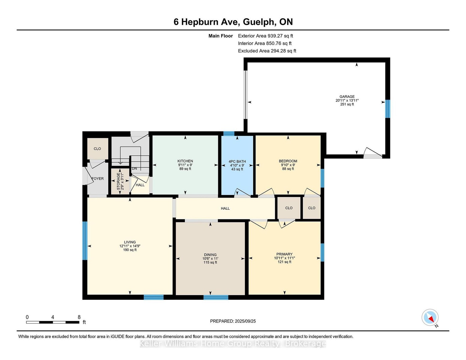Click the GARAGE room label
(347, 97)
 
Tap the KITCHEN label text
(185, 161)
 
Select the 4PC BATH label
(237, 161)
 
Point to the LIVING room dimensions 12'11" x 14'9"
(130, 246)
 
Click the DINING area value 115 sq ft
(210, 262)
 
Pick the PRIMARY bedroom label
(284, 254)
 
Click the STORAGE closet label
(118, 181)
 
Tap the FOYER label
(98, 178)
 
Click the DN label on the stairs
(134, 169)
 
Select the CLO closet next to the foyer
(97, 148)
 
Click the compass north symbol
(430, 317)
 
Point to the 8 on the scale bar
(79, 317)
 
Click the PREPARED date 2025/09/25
(245, 321)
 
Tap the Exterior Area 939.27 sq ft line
(265, 36)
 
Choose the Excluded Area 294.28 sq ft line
(267, 51)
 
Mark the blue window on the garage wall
(387, 109)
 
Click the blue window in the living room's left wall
(85, 241)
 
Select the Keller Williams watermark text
(233, 343)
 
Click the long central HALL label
(225, 208)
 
